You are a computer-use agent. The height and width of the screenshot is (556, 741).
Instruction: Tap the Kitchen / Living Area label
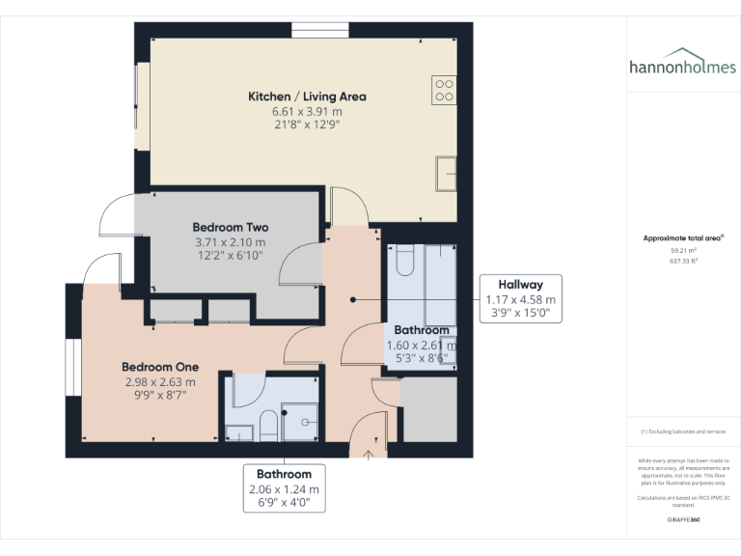tap(307, 97)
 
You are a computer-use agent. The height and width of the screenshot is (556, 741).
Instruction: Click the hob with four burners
tap(444, 90)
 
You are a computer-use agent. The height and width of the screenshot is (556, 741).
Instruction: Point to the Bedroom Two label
tap(230, 228)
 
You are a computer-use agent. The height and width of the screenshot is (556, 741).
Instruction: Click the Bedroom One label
tap(160, 367)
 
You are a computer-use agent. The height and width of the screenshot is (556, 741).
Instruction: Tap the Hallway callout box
tap(520, 299)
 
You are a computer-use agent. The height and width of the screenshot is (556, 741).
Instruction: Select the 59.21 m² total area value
tap(683, 250)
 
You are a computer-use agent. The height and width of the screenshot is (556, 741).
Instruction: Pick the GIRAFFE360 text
tap(683, 519)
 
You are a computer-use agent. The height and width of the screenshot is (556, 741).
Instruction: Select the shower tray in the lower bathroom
tap(299, 421)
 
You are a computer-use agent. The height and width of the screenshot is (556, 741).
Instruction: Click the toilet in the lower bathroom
tap(268, 425)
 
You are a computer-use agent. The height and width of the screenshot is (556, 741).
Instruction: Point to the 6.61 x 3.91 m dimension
tap(307, 111)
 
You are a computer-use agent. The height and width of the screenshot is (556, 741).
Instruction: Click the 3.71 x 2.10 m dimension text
tap(230, 242)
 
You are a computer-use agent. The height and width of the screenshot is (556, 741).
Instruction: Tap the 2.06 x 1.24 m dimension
tap(284, 489)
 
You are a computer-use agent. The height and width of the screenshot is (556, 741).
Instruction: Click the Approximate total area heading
tap(682, 237)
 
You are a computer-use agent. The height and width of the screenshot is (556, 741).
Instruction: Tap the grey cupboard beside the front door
tap(428, 409)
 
